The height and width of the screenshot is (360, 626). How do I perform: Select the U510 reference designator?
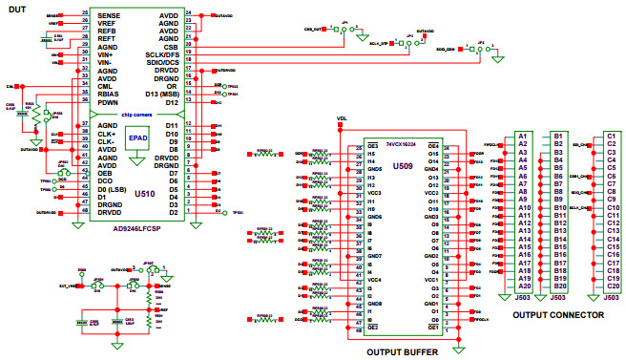145,194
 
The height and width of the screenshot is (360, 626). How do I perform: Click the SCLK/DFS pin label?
159,55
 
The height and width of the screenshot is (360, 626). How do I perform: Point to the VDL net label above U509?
341,120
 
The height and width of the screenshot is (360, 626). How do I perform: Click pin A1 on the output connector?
523,137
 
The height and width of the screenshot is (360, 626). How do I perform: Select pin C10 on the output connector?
613,207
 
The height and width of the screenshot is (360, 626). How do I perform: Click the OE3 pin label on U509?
349,145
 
